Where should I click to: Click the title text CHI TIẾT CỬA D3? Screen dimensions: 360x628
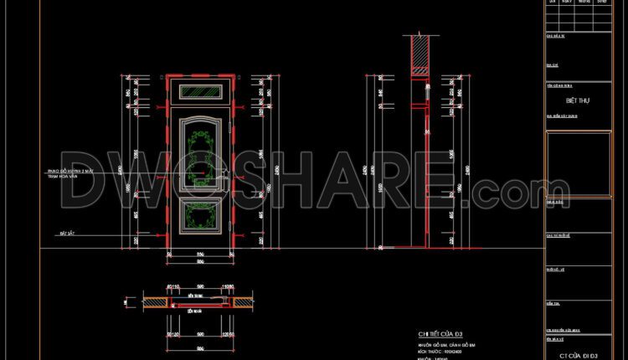(440, 334)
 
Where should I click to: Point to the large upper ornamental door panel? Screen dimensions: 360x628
(201, 151)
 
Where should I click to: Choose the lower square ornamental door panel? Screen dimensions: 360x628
(201, 217)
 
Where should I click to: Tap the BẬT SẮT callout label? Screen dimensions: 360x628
(56, 232)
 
